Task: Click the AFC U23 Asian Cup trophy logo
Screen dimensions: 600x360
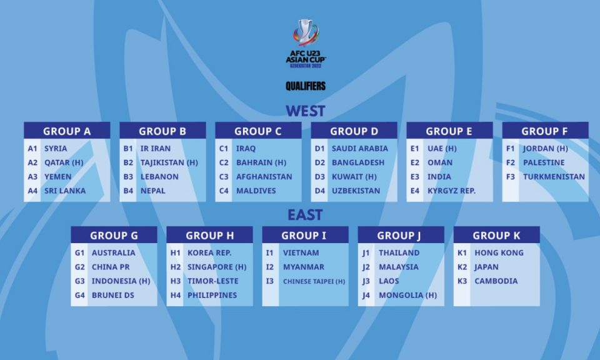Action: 306,43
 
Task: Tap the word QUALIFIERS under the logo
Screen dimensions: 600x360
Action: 306,86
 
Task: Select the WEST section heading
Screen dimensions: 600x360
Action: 306,111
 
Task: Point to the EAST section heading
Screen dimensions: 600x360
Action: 305,215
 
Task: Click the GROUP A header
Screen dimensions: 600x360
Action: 67,131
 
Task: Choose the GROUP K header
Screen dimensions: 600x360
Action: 497,235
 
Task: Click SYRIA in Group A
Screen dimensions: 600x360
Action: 56,149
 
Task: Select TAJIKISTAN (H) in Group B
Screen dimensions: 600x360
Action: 169,162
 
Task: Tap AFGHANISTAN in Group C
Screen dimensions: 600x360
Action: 264,177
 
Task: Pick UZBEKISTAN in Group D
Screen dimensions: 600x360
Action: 356,191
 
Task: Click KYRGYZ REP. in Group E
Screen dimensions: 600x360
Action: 451,191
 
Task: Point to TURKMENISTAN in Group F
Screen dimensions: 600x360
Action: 554,177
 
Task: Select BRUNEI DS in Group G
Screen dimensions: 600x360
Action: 113,296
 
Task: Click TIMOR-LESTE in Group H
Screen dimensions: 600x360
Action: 212,281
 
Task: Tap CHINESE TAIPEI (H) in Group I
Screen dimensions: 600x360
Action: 314,282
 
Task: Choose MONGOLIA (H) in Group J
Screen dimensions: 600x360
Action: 408,296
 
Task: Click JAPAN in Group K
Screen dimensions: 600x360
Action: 486,267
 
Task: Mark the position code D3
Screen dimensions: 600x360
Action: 320,177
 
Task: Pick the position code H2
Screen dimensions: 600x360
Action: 175,267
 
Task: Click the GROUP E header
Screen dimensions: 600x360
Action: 449,131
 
